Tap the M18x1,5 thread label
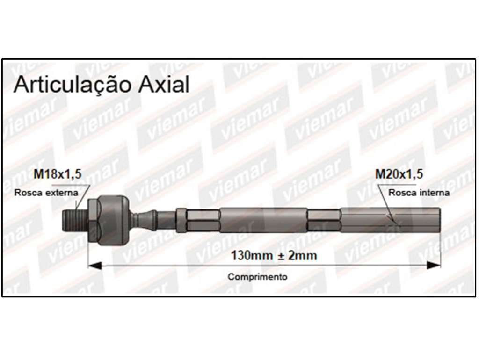click(x=58, y=174)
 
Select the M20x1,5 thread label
click(x=399, y=174)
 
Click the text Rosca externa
click(x=46, y=193)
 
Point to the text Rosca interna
click(x=419, y=193)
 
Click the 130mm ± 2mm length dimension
click(x=274, y=255)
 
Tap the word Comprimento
click(x=257, y=277)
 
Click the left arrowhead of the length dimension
click(x=94, y=266)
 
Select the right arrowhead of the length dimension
click(x=434, y=266)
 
